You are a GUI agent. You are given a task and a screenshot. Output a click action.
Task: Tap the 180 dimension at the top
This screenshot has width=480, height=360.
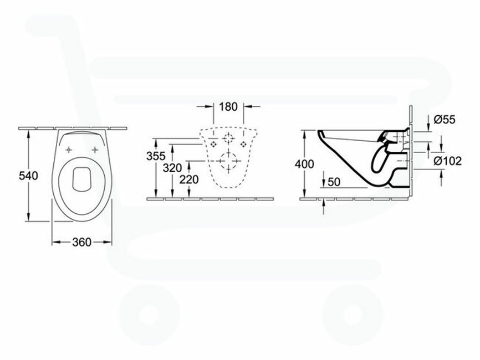[x=229, y=106]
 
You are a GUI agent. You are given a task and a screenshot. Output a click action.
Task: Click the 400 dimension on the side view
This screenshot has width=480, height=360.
[x=305, y=164]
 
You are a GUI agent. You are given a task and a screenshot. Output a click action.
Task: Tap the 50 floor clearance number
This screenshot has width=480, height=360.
[x=335, y=182]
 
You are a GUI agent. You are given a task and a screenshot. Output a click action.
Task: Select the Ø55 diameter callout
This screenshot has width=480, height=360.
[x=445, y=119]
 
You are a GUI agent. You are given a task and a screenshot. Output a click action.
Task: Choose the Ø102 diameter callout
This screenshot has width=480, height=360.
[x=447, y=161]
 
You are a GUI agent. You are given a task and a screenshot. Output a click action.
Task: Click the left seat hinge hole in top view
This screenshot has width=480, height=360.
[x=69, y=150]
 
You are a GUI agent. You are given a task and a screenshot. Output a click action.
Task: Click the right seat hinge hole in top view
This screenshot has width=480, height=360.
[x=96, y=150]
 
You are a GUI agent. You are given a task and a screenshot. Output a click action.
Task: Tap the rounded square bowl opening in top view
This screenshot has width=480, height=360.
[x=82, y=177]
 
